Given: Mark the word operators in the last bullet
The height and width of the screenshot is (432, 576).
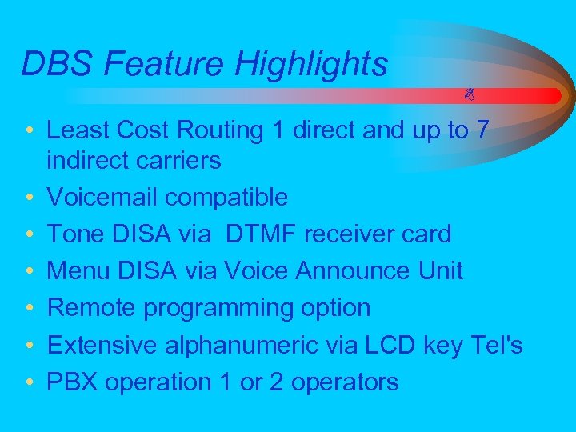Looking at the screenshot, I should click(345, 382).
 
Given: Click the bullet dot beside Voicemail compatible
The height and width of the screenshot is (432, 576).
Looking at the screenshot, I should click(29, 198).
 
